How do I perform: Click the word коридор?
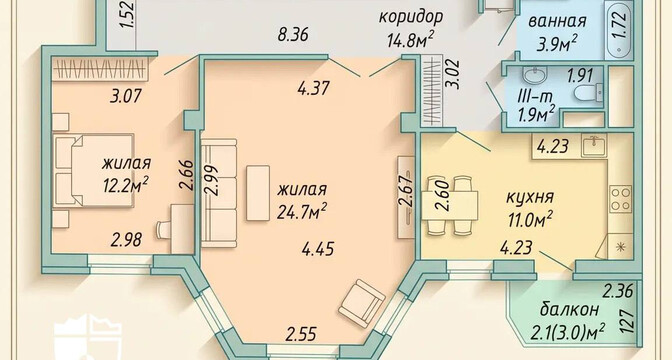[x=411, y=19]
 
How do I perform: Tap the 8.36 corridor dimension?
[x=293, y=35]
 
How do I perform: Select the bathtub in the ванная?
[x=618, y=30]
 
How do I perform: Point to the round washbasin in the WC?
[x=534, y=76]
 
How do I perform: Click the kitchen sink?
[x=594, y=145]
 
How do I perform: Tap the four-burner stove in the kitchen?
[x=621, y=199]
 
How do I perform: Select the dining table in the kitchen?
[x=450, y=205]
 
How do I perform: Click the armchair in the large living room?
[x=361, y=303]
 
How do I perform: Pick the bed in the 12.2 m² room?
[x=93, y=171]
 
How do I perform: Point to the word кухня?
[x=530, y=198]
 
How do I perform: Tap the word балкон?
[x=569, y=309]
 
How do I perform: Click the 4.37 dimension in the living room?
[x=313, y=88]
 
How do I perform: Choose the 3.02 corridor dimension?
[x=454, y=73]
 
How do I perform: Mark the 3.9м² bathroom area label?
[x=556, y=43]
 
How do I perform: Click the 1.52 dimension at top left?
[x=128, y=16]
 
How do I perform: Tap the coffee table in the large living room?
[x=258, y=193]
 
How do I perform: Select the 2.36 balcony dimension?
[x=618, y=292]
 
